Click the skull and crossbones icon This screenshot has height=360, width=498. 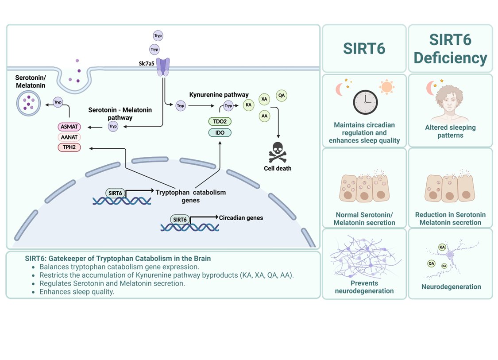coord(278,152)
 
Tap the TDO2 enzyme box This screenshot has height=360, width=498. coord(220,121)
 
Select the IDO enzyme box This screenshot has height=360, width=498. coord(220,132)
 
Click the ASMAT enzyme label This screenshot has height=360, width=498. coord(69,127)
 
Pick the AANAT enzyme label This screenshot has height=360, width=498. coord(69,137)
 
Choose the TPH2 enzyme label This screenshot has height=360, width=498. coord(69,147)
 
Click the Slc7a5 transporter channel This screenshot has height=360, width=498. coord(163,67)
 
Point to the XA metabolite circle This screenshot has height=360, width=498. coord(264,99)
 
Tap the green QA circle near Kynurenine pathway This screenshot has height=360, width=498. coord(282,95)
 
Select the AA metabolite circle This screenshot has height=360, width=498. coord(264,116)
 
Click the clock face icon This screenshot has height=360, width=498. coord(366,102)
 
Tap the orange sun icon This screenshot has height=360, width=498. coord(386,87)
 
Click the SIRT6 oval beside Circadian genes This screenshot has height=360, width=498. coord(180,220)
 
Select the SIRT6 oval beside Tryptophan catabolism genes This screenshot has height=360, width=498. coord(115,193)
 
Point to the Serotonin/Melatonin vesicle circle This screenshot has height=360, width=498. coord(29,103)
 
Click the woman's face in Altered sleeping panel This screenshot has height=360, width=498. coord(450,102)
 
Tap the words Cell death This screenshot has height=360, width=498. coord(278,168)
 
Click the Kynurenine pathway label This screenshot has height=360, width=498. coord(219,95)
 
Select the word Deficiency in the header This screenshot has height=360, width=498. coord(450,58)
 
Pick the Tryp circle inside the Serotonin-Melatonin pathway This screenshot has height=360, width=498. coord(113,127)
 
